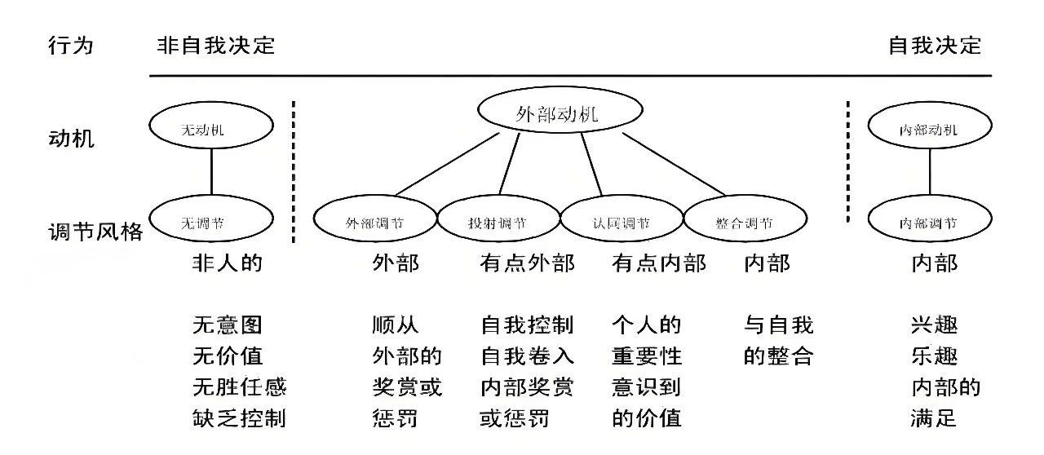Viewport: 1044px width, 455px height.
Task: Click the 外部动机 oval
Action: [x=557, y=114]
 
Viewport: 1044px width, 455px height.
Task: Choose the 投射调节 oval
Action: [x=498, y=222]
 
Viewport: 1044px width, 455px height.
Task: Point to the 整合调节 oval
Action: [x=745, y=222]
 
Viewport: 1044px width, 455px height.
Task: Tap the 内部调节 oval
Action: [x=929, y=222]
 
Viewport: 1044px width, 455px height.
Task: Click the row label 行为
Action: [x=71, y=45]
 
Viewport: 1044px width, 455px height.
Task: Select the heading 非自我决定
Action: [x=215, y=45]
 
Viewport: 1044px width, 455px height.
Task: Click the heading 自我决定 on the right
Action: [x=935, y=45]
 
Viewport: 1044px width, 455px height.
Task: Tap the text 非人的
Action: [x=228, y=263]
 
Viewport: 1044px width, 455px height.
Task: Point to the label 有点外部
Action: [x=527, y=263]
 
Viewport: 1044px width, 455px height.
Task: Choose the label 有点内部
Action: [x=659, y=263]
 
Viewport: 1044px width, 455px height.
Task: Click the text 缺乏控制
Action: [x=239, y=419]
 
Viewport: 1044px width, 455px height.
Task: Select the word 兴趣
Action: [x=934, y=325]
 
